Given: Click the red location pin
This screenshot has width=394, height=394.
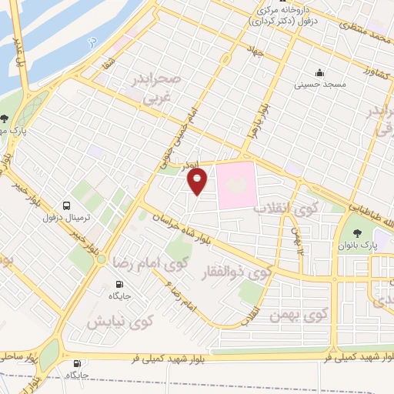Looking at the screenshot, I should coord(198,181).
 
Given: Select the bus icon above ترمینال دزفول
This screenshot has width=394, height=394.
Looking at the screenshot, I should coord(68,206).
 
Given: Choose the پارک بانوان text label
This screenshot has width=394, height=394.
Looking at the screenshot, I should coord(359,245).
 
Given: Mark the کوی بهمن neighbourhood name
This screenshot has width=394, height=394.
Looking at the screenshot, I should coord(299,316).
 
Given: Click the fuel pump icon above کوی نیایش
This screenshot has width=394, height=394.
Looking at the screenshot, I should coord(115,282).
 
